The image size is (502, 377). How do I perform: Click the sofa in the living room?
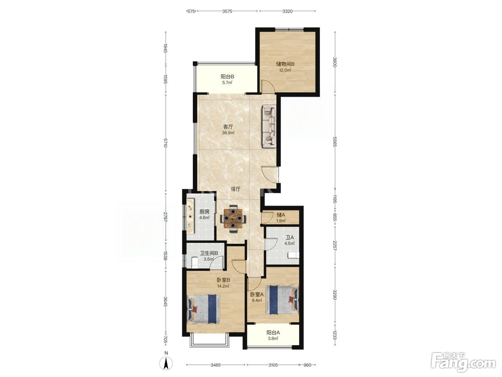(269, 126)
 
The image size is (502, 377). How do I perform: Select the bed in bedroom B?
(204, 309)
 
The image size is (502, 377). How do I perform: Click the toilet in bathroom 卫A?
(293, 255)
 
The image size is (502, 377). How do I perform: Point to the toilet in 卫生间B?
(194, 262)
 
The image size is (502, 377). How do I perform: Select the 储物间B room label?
(285, 64)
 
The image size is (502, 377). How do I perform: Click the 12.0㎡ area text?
(285, 70)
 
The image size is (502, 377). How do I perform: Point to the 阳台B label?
(227, 77)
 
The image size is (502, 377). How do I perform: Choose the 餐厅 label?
(236, 189)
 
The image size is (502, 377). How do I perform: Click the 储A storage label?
(281, 215)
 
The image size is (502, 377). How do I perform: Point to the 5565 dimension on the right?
(335, 141)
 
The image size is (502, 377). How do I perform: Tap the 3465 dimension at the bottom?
(216, 365)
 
